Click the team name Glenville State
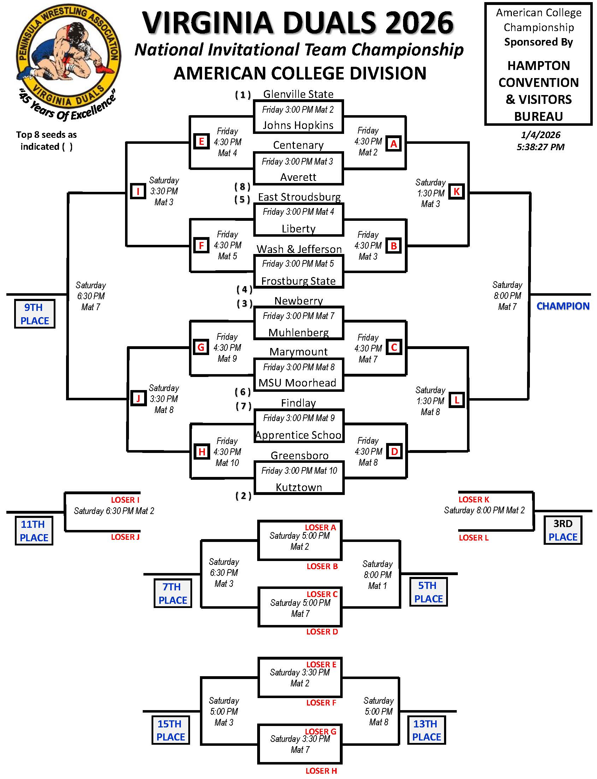(298, 94)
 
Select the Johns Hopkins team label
(298, 125)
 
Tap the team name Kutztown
(299, 487)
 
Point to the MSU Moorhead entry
(297, 383)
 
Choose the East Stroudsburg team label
(299, 197)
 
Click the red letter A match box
(394, 144)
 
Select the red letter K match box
(456, 191)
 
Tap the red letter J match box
(138, 399)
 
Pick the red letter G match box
(201, 347)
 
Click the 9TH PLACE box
(35, 314)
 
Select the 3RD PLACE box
(563, 530)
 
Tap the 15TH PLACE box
(170, 730)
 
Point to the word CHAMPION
(563, 306)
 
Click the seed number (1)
(243, 95)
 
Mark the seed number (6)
(243, 392)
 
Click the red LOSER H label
(321, 771)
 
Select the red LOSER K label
(474, 500)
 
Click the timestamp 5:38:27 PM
(540, 147)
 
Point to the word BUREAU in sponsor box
(538, 116)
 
